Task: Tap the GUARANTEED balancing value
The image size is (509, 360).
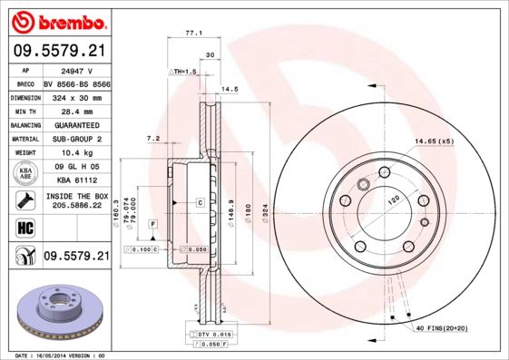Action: [x=75, y=124]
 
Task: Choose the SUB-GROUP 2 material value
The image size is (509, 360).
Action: [x=75, y=139]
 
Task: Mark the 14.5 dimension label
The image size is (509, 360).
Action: [x=230, y=90]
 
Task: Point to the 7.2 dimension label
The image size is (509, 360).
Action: [x=152, y=138]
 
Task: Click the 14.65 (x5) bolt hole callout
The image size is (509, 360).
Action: [x=434, y=141]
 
